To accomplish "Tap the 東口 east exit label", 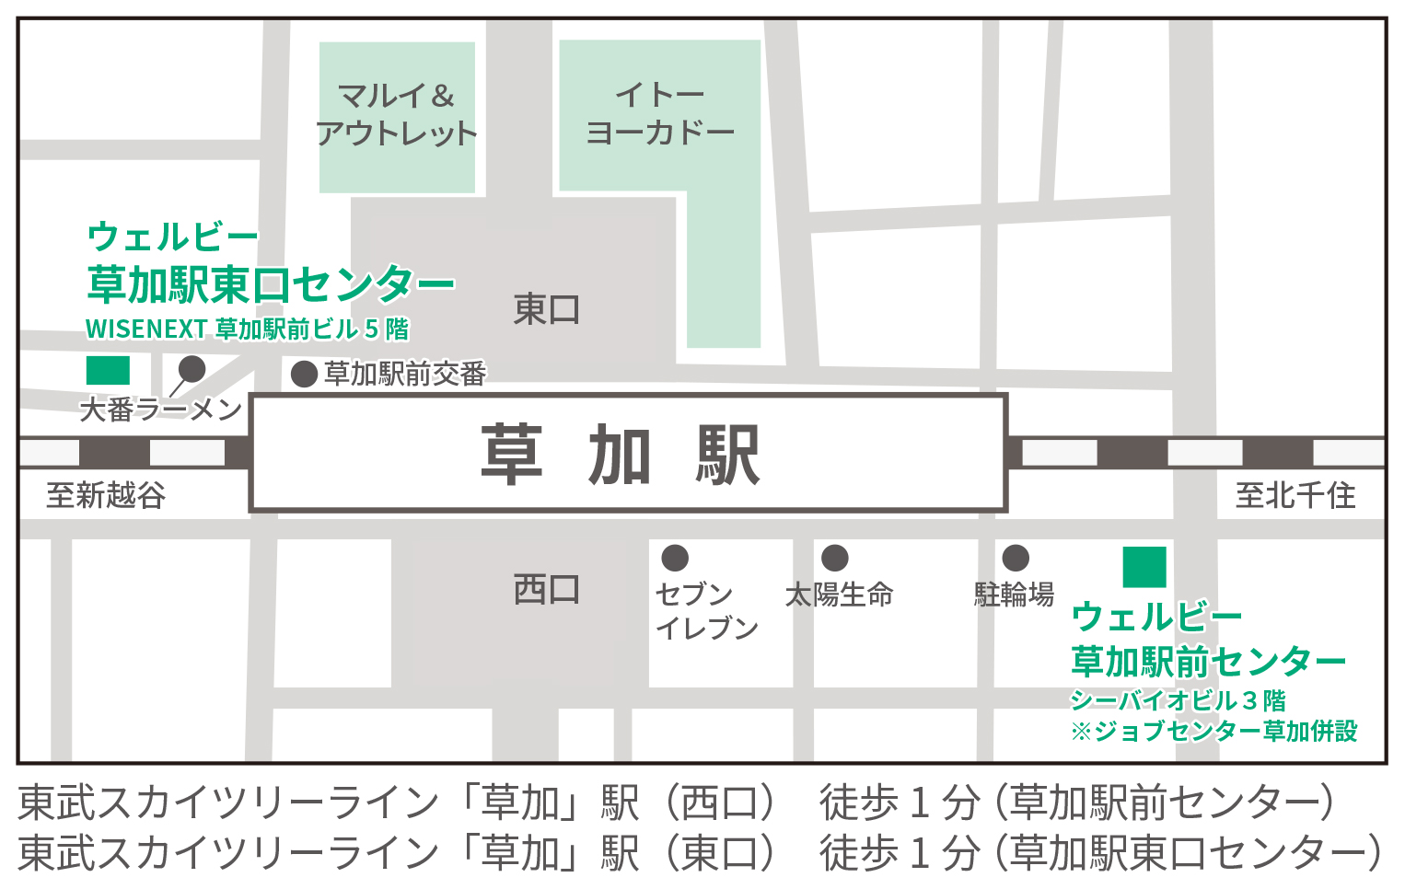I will point(547,309).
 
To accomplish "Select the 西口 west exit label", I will point(547,589).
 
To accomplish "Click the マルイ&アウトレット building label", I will point(397,115).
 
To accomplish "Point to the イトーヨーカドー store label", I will point(660,113).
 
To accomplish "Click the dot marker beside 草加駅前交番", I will point(305,374).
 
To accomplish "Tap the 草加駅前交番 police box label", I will point(405,374).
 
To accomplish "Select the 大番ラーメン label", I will point(161,410).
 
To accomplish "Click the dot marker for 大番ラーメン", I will point(192,369).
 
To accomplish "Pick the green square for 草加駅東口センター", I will point(108,370).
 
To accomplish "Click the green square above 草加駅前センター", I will point(1144,566).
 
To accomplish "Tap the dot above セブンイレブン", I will point(675,558).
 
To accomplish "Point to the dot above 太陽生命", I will point(835,558).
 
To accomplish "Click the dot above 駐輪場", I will point(1016,558).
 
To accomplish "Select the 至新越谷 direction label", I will point(106,495).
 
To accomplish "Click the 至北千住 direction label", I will point(1295,495).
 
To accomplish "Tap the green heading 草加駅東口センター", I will point(271,283).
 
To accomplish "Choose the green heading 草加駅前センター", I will point(1208,661).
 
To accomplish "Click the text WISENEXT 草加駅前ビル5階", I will point(247,329).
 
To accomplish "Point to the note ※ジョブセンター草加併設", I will point(1213,731).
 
